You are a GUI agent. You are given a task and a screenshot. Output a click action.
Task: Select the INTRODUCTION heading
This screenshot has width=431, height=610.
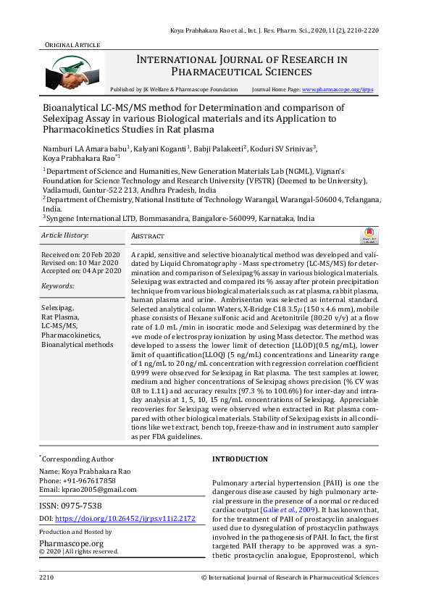(x=240, y=459)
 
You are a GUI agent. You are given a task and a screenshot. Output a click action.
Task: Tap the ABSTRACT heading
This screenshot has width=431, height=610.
(x=148, y=237)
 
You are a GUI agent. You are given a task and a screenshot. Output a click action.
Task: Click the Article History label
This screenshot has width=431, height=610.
(x=64, y=235)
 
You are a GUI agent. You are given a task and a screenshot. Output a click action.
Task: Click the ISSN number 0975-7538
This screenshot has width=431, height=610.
(x=83, y=506)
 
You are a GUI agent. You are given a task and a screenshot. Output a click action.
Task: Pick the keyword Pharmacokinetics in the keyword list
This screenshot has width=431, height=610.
(x=71, y=336)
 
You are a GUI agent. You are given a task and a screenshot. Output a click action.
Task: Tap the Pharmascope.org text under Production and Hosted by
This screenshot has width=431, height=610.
(x=71, y=543)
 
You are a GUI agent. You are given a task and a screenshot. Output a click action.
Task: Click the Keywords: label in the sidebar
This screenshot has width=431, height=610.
(x=58, y=286)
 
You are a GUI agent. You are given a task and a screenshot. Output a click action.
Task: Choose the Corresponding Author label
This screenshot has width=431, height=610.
(x=78, y=459)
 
